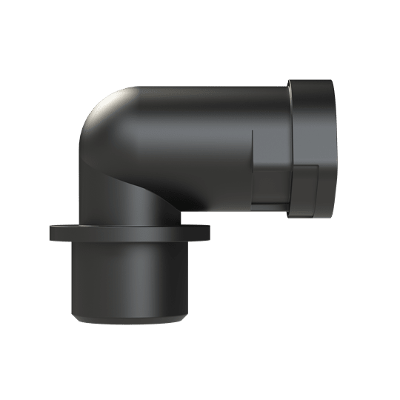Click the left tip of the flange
[x=50, y=233]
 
